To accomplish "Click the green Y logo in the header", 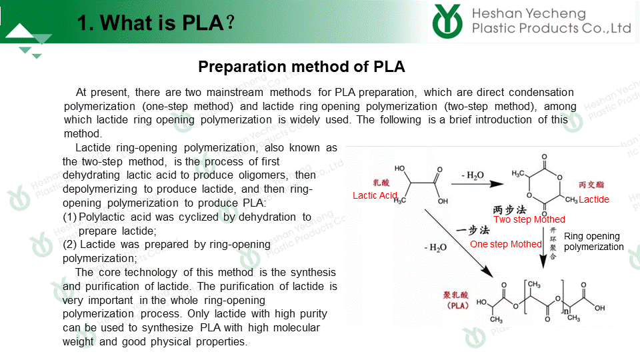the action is click(447, 21).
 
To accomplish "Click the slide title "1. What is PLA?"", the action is click(155, 23).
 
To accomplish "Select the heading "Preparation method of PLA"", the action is click(301, 67).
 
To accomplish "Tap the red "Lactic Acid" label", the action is click(375, 195).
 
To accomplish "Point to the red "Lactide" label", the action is click(594, 199).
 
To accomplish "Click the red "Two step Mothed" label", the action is click(529, 219).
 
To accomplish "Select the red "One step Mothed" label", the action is click(506, 244).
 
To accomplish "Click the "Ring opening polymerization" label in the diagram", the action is click(594, 241).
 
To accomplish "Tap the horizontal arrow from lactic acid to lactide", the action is click(477, 184).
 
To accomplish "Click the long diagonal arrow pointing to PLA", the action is click(459, 243).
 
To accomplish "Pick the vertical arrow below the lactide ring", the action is click(543, 247).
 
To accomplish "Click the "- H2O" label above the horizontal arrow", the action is click(473, 175).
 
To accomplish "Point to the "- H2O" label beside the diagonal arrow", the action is click(435, 248).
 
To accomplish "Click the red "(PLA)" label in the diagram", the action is click(457, 306).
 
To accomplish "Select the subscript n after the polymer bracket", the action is click(566, 311).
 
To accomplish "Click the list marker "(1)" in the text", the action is click(69, 217).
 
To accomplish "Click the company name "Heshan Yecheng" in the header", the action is click(529, 13).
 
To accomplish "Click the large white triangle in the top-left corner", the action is click(19, 31).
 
